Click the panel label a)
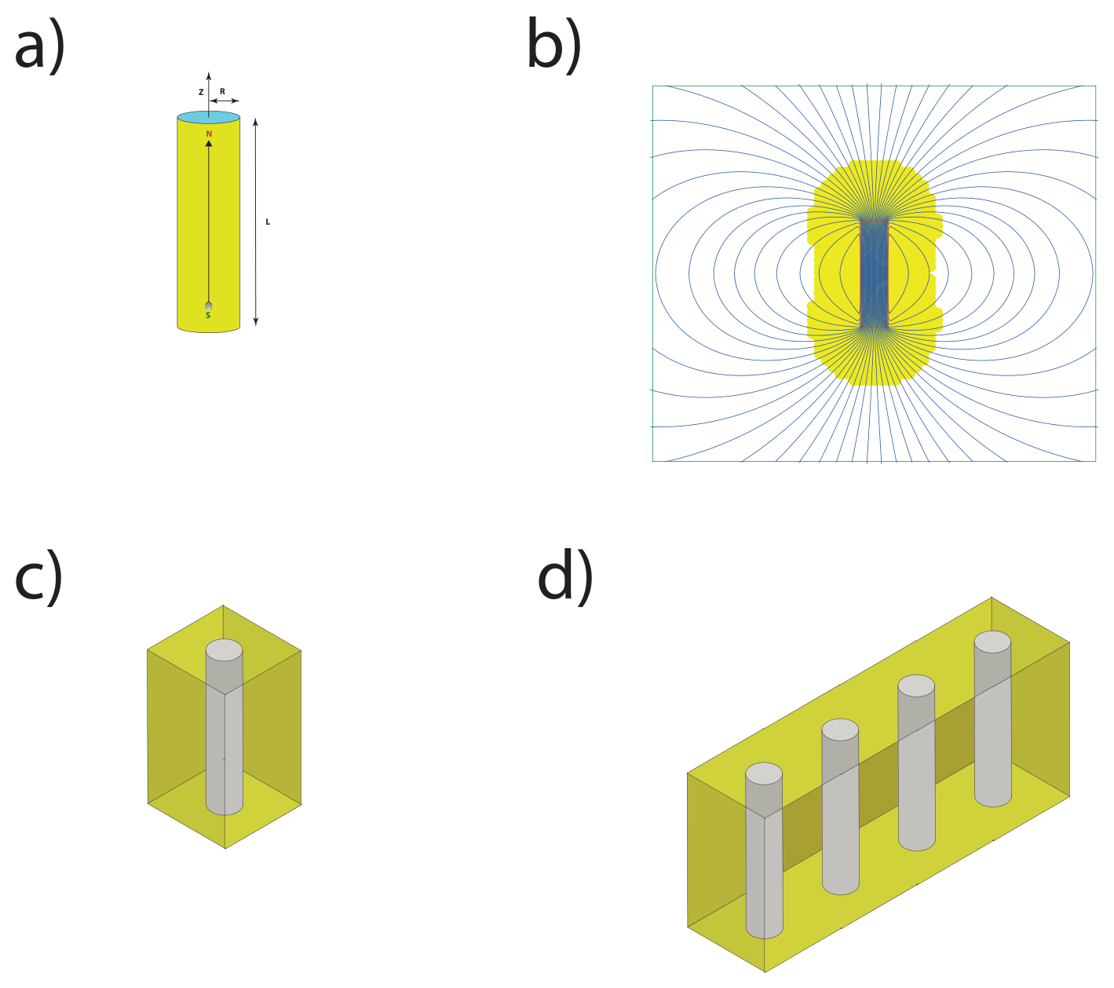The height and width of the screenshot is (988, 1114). [39, 49]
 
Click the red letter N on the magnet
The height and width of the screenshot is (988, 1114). [209, 134]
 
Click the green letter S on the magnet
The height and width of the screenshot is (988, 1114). [208, 315]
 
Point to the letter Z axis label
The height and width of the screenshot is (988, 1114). [201, 93]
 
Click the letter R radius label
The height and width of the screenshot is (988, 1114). [222, 91]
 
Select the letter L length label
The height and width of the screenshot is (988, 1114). [268, 221]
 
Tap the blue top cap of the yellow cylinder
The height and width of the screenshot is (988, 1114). [208, 117]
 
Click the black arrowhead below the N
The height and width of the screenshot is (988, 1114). [208, 143]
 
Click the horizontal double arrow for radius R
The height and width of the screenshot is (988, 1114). [225, 101]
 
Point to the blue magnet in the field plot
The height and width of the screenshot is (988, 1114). [874, 273]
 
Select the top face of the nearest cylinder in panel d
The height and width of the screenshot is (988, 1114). [764, 774]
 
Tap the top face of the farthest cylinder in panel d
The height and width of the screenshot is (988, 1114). [992, 642]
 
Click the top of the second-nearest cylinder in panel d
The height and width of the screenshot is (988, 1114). [840, 730]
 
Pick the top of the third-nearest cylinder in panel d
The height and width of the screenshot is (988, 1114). [916, 686]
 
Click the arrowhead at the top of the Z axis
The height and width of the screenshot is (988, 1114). [209, 75]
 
